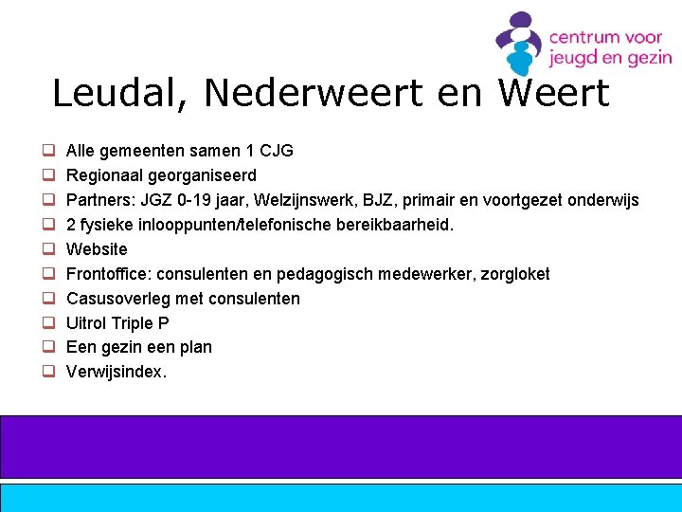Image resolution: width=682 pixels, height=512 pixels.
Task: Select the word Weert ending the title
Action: click(x=553, y=94)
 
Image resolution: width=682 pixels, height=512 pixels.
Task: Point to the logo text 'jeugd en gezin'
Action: click(x=610, y=58)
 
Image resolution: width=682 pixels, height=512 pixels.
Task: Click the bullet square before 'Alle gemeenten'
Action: click(x=45, y=151)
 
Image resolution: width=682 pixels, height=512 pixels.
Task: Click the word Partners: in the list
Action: click(x=100, y=200)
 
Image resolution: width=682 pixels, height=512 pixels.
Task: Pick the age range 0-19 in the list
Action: click(x=197, y=200)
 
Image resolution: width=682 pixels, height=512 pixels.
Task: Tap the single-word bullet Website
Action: click(x=97, y=249)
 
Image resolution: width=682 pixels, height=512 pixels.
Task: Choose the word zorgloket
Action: click(x=515, y=274)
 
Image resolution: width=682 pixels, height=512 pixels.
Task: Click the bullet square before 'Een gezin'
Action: click(x=45, y=348)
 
